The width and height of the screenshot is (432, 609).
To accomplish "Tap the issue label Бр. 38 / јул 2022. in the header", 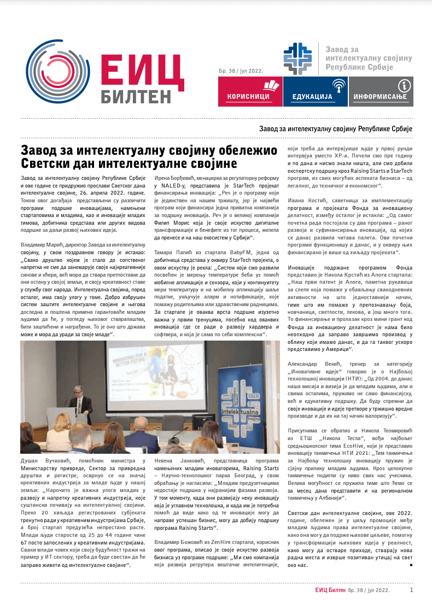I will (240, 71).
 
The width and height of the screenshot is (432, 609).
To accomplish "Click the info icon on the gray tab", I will (404, 85).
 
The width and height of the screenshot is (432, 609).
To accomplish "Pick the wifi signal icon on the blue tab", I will (340, 85).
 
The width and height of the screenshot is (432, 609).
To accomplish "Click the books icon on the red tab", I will (271, 85).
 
